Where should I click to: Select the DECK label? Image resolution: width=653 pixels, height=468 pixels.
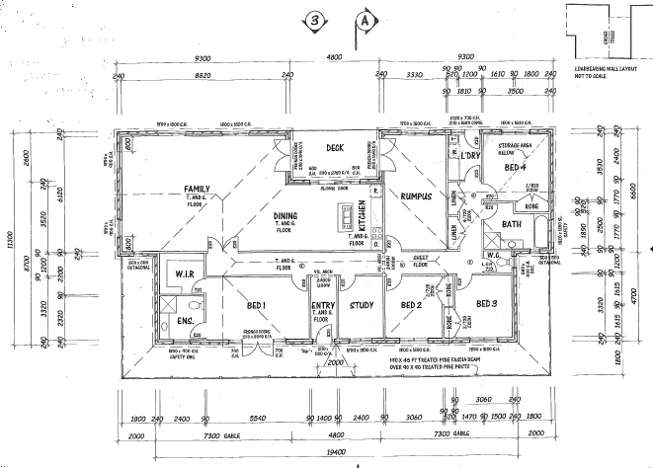[x=334, y=148]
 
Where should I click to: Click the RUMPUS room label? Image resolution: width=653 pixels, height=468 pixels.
[x=417, y=195]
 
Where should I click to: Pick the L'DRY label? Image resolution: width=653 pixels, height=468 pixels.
[x=469, y=156]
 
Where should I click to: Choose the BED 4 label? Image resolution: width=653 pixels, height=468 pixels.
[x=515, y=168]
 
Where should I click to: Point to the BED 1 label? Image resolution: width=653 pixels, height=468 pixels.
[x=259, y=305]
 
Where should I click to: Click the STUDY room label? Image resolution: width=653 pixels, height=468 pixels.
[x=361, y=305]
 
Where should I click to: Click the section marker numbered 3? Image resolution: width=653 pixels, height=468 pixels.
[x=314, y=18]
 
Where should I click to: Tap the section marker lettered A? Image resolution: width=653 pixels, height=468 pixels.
[x=366, y=18]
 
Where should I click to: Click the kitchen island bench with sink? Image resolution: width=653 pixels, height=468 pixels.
[x=345, y=216]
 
